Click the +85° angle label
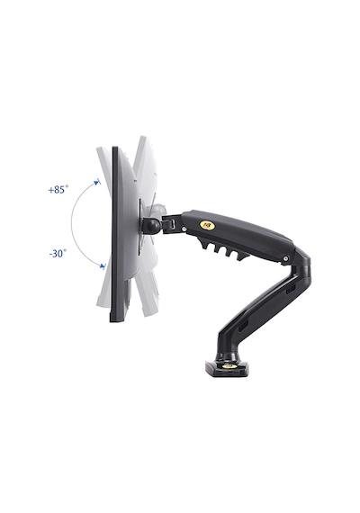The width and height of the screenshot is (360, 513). coord(58,189)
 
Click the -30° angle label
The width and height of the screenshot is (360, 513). coord(58,253)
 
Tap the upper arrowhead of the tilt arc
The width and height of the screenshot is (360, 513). coord(96,182)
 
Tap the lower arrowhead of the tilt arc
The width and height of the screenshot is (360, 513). coord(103,266)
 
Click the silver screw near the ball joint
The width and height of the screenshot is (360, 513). coord(184,229)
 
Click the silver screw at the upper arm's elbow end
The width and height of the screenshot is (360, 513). coord(285,258)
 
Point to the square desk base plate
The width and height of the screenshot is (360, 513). coord(227,368)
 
